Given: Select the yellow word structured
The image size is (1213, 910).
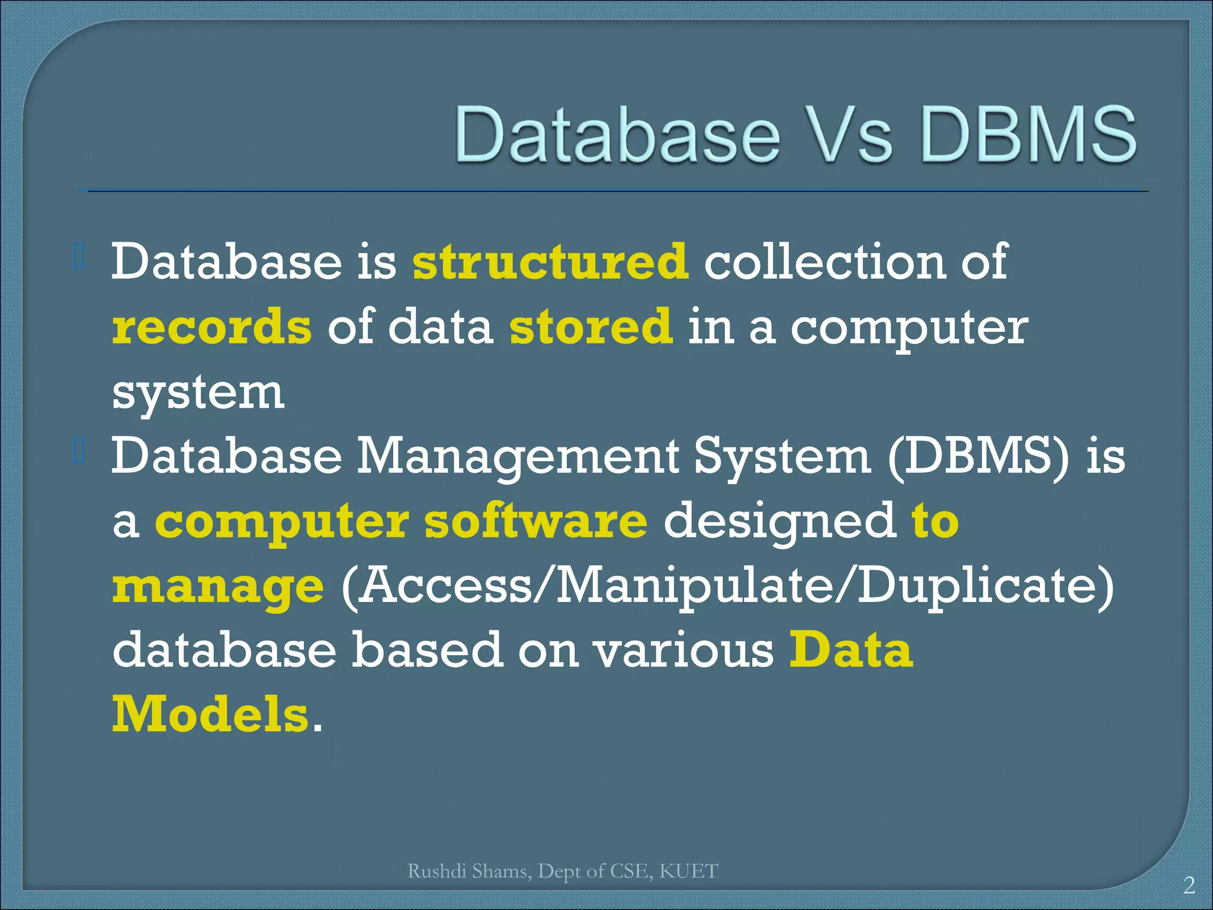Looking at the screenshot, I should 550,261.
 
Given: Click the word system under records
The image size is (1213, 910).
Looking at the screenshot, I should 198,393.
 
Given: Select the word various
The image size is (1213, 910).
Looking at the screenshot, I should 684,651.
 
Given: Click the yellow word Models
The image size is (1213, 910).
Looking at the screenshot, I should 210,715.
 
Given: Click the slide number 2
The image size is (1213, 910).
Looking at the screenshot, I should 1189,885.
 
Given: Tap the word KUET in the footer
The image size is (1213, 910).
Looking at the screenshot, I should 688,871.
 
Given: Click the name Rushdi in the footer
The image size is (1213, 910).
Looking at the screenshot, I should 437,871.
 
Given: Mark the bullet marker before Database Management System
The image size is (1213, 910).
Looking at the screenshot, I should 80,453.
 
